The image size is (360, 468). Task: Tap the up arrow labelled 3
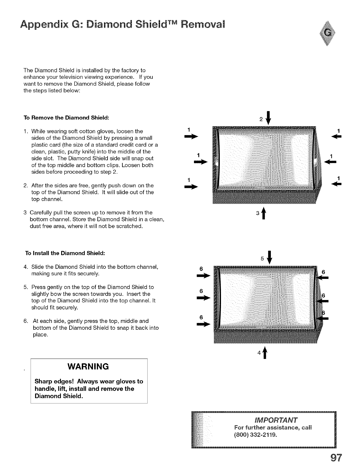click(x=263, y=214)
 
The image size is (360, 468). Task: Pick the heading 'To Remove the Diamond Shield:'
click(x=67, y=117)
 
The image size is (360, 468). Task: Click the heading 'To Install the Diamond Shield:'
click(x=65, y=253)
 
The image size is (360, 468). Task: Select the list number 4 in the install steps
click(x=25, y=266)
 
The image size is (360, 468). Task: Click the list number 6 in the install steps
click(x=25, y=321)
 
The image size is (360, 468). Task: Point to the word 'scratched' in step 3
click(x=128, y=226)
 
